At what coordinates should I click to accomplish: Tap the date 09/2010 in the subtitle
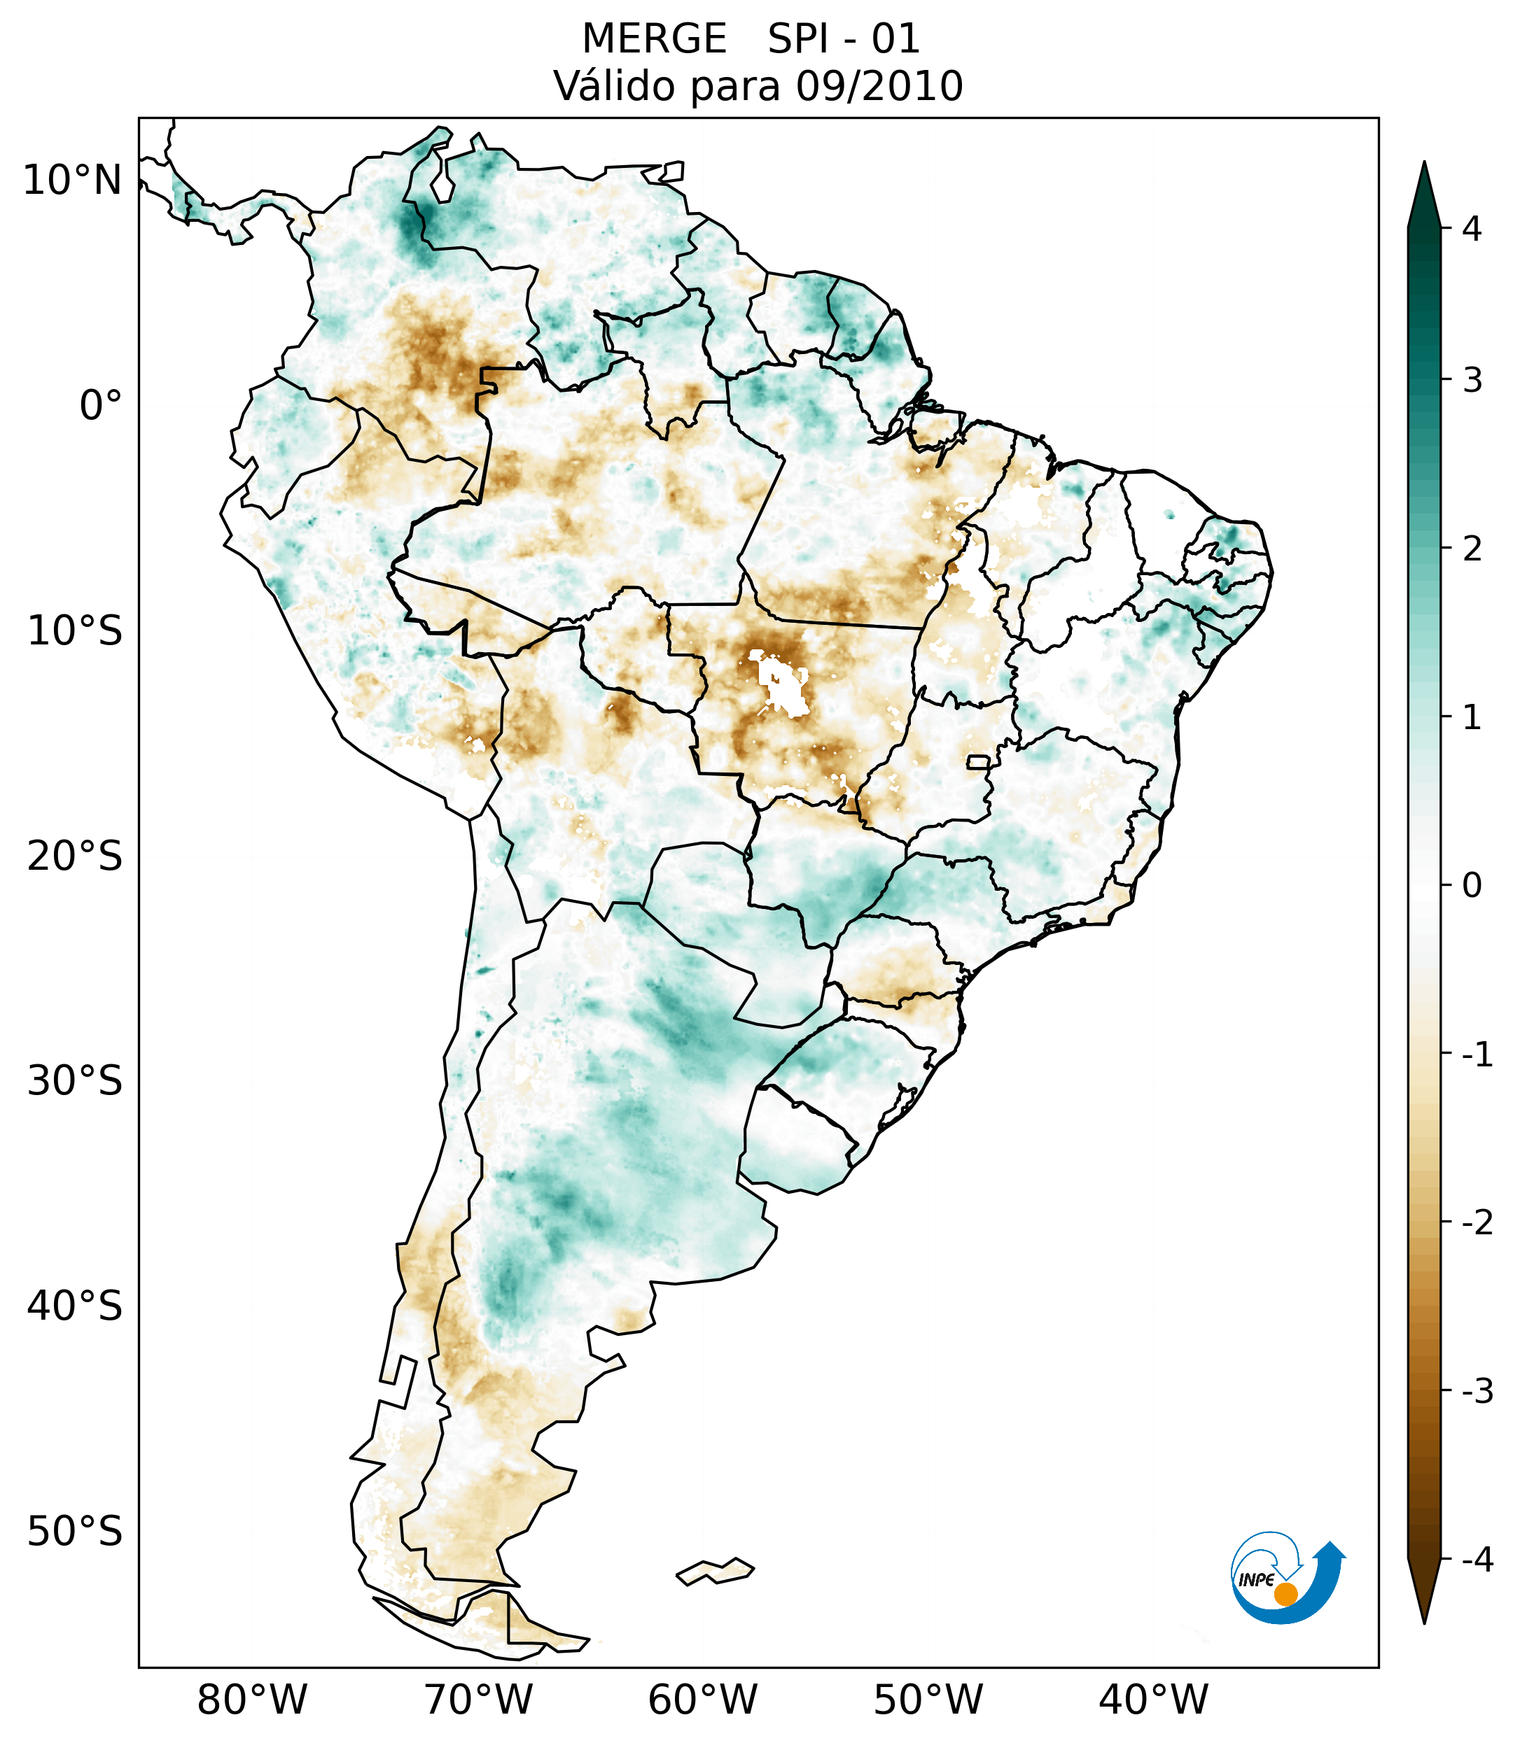[x=879, y=86]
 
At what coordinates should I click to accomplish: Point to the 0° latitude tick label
[x=100, y=406]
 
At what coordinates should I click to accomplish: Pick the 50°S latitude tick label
[x=75, y=1532]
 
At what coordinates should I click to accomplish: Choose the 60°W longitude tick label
[x=702, y=1700]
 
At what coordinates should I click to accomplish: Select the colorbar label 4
[x=1472, y=229]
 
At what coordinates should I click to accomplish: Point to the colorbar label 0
[x=1472, y=886]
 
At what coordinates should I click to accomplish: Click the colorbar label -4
[x=1477, y=1560]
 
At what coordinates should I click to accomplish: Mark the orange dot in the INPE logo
[x=1285, y=1594]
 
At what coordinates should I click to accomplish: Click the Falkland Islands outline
[x=715, y=1571]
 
